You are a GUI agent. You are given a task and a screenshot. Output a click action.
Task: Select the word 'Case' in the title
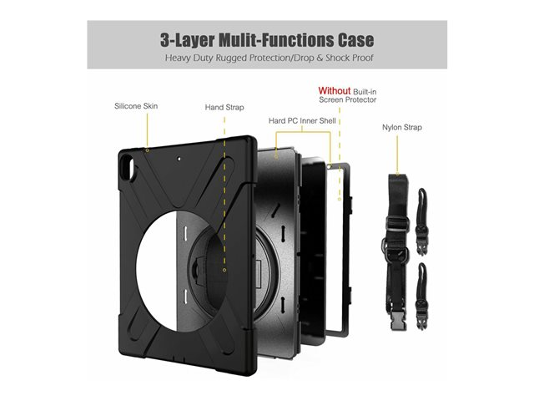tap(350, 40)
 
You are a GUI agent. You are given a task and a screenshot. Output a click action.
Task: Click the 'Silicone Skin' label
tap(136, 107)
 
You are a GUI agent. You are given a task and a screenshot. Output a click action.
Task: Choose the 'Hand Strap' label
tap(224, 107)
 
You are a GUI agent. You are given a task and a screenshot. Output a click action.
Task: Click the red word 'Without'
tap(333, 90)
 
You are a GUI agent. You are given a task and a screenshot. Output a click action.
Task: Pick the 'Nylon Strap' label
tap(402, 128)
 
